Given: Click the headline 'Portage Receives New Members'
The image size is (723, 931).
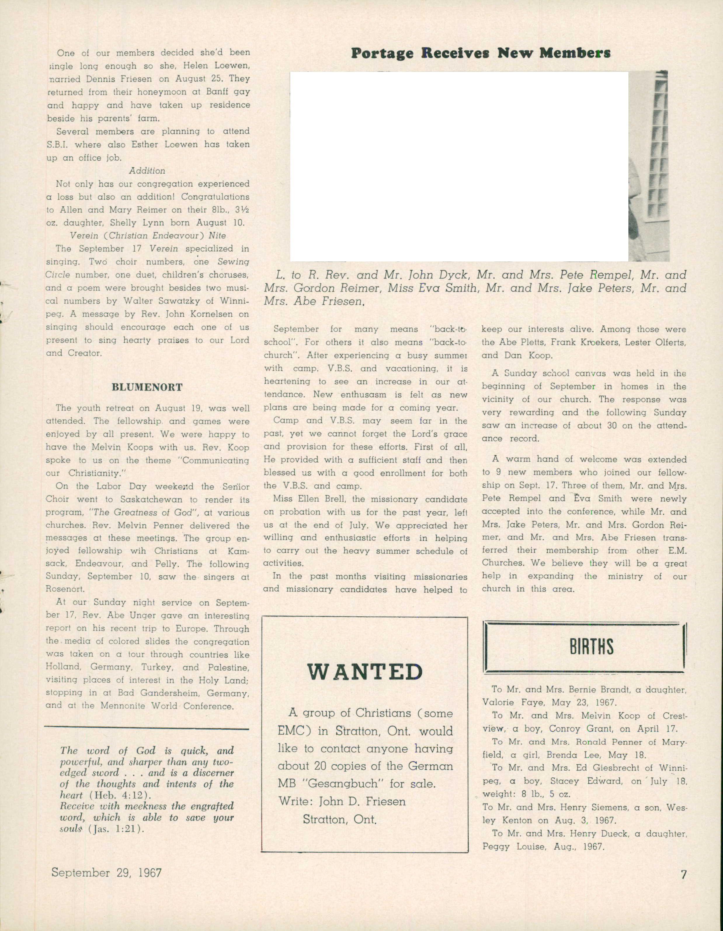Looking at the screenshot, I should [x=480, y=53].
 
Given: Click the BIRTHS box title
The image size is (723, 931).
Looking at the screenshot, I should [x=591, y=646].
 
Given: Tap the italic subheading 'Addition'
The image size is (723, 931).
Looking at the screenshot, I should [x=147, y=170].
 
